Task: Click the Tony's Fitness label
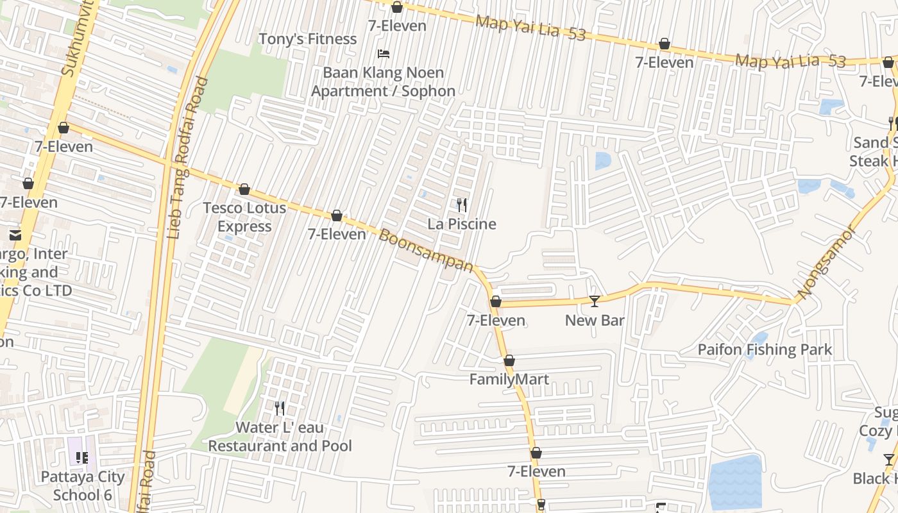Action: click(x=307, y=39)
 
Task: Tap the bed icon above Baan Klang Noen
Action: click(x=384, y=54)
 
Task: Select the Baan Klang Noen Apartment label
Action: click(x=384, y=82)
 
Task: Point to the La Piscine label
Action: click(x=462, y=224)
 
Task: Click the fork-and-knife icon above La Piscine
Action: click(x=462, y=205)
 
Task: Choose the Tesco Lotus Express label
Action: click(x=244, y=217)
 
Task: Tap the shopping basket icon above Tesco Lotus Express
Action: click(x=244, y=190)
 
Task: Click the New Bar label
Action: click(x=595, y=320)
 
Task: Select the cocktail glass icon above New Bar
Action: click(x=595, y=301)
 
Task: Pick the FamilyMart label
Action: click(x=509, y=379)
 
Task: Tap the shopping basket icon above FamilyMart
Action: click(x=509, y=361)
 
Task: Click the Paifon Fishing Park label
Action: click(x=765, y=349)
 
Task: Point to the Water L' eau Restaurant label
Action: click(x=280, y=437)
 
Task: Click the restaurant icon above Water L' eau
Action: click(x=280, y=408)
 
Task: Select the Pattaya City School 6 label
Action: click(x=83, y=486)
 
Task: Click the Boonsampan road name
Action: click(x=426, y=251)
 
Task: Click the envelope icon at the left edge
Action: click(x=15, y=235)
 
